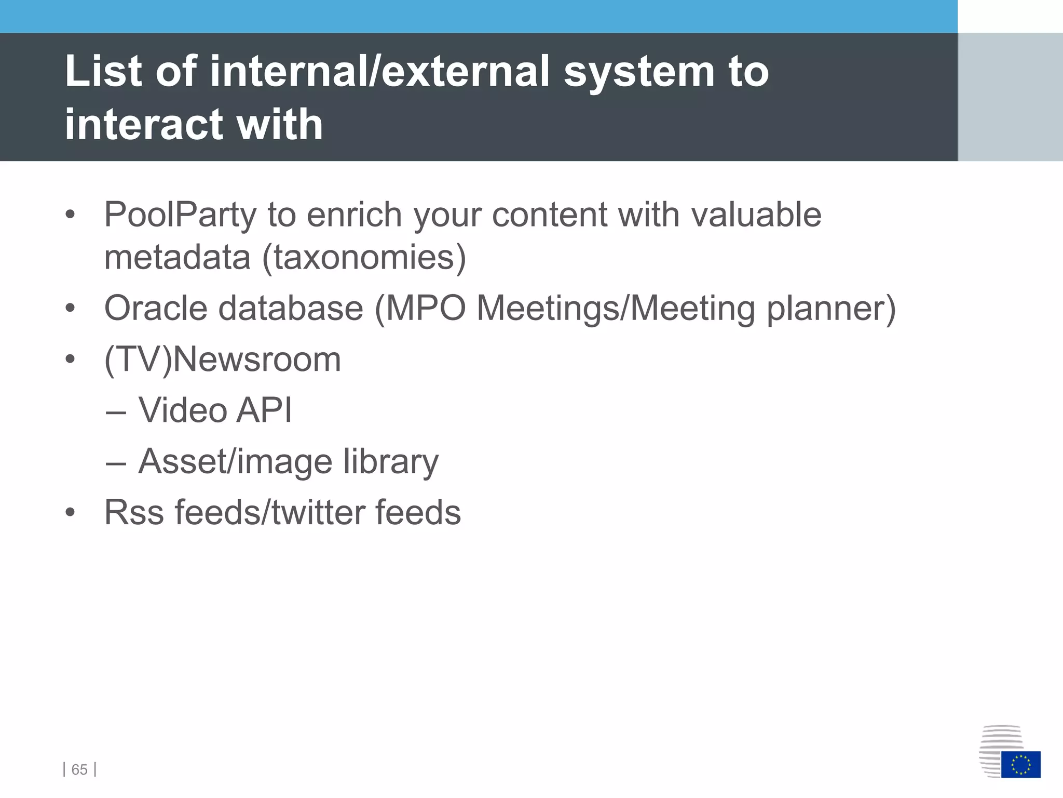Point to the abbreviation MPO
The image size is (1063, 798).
click(x=426, y=309)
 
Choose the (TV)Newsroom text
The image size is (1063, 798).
click(x=223, y=360)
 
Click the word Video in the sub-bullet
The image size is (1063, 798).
click(x=183, y=410)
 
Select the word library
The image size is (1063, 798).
click(x=391, y=462)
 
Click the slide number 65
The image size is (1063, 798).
click(x=79, y=769)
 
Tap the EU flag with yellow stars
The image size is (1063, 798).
click(x=1020, y=764)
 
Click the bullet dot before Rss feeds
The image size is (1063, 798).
click(x=70, y=513)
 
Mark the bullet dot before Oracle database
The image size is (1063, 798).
click(x=70, y=309)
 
